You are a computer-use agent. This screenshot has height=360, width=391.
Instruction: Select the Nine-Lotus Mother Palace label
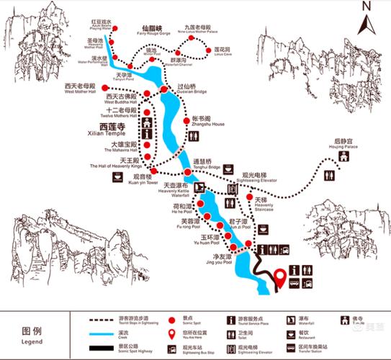203,30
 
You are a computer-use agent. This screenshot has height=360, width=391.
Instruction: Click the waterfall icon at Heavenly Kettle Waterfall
200,187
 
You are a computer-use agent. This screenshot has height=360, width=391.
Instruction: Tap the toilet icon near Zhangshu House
195,136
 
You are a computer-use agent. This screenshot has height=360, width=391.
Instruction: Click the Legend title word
32,333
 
